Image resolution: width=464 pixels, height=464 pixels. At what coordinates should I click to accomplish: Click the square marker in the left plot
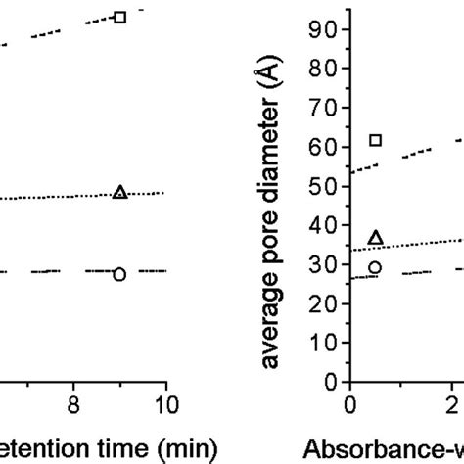[119, 17]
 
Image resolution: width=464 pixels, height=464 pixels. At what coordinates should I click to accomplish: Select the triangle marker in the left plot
[119, 192]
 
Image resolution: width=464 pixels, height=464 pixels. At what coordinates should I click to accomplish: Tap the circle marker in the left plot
[119, 274]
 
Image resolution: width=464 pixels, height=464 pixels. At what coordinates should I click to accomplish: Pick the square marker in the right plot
[375, 140]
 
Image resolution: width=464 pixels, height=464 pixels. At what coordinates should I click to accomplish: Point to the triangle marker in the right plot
[375, 237]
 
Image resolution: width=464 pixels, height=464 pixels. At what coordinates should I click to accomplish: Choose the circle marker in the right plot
[375, 267]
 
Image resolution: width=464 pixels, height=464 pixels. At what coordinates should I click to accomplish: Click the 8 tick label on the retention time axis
[72, 403]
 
